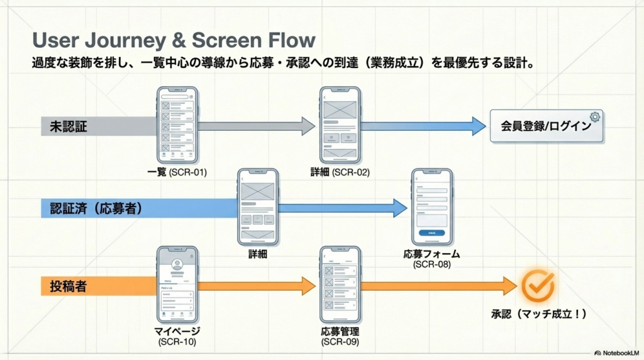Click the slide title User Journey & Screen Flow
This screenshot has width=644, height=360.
click(174, 40)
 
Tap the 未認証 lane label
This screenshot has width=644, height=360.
click(69, 126)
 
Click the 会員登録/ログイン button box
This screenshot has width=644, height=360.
click(545, 126)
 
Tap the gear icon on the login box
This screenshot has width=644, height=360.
click(595, 116)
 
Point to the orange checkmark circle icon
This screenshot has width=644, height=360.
click(538, 286)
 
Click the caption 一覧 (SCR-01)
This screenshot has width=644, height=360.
click(177, 172)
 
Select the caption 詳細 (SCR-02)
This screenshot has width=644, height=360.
click(340, 172)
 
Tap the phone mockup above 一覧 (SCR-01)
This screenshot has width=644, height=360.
click(177, 124)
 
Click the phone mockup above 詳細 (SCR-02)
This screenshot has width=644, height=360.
click(340, 125)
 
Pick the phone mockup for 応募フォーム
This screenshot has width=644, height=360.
click(431, 206)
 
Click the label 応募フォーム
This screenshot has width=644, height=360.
click(431, 254)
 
